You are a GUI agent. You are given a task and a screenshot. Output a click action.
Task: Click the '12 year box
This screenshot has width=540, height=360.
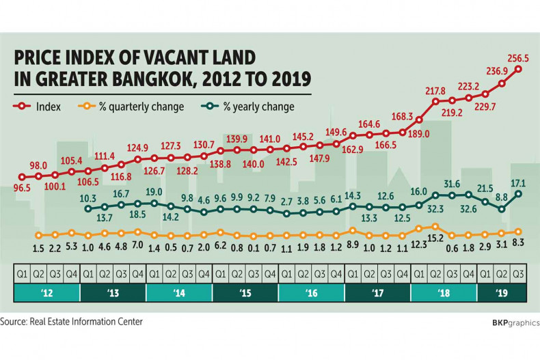tap(46, 293)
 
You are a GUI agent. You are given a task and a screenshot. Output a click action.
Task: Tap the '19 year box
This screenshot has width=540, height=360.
tap(502, 293)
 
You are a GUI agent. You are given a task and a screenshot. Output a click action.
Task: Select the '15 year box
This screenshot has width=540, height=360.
tap(245, 293)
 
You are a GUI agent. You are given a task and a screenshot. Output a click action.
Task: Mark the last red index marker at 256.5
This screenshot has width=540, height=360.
tap(519, 69)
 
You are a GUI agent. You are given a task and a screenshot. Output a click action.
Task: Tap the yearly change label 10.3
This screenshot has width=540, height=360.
tap(87, 199)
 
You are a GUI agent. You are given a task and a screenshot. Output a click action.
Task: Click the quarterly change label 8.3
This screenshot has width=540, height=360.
tap(518, 244)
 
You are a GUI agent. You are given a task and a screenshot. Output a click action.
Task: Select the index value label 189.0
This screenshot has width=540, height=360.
tap(418, 134)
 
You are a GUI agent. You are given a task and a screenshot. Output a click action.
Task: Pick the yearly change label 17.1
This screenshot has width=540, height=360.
tap(517, 182)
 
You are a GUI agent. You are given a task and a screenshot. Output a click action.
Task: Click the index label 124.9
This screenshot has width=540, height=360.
tap(138, 148)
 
